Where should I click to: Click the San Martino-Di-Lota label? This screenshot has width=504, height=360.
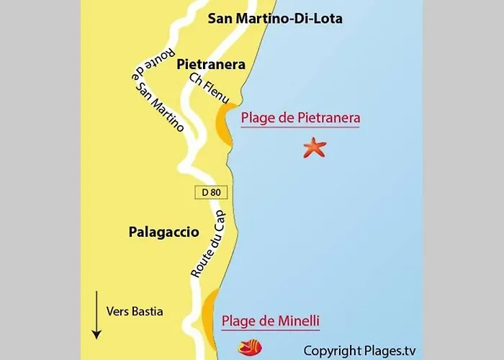(275, 19)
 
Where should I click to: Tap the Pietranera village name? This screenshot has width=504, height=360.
(211, 64)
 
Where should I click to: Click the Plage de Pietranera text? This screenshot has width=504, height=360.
(300, 118)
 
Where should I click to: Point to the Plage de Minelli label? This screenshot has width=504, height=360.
(271, 321)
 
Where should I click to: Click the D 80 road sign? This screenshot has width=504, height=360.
(210, 192)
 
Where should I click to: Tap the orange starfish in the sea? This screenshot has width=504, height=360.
(315, 148)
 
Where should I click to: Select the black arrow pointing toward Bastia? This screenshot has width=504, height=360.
(96, 315)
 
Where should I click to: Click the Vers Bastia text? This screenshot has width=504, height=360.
(135, 312)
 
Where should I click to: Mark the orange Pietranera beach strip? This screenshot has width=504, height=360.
(222, 125)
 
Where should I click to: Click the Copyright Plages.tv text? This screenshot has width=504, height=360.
(359, 351)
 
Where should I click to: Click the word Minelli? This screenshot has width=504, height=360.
(296, 321)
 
